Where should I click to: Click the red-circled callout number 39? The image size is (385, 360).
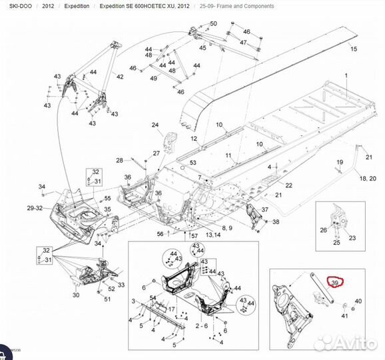tap(335, 283)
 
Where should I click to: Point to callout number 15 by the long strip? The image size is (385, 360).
tap(354, 49)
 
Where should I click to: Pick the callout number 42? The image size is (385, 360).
tap(120, 77)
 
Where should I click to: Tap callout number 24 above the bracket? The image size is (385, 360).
tap(155, 125)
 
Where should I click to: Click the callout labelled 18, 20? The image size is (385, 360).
tap(368, 179)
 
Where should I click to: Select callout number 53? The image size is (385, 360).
tap(193, 163)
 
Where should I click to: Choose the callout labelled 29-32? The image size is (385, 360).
tap(35, 209)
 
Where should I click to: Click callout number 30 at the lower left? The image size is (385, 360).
tap(75, 295)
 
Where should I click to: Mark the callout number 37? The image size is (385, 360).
tap(264, 210)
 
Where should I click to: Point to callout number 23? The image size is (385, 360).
tap(352, 237)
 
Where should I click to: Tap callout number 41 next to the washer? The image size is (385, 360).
tap(344, 315)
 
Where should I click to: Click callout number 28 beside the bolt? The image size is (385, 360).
tap(119, 161)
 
